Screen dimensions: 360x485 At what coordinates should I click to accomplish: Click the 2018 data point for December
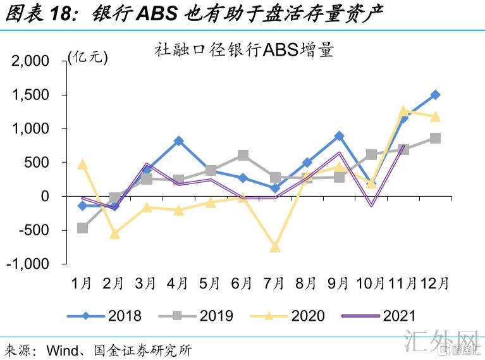435,95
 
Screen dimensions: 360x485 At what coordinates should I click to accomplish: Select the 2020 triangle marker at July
275,247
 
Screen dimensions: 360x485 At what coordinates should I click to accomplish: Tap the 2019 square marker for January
82,228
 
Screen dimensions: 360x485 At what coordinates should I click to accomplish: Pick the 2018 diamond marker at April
179,140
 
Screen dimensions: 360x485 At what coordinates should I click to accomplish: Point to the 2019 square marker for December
435,138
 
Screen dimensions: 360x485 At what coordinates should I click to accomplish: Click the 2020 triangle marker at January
82,164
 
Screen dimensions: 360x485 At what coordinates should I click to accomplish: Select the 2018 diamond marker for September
340,136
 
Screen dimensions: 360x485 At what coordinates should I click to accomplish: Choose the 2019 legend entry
199,315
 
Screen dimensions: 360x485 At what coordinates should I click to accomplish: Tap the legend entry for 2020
291,315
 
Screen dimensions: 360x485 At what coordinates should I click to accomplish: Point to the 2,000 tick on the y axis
31,61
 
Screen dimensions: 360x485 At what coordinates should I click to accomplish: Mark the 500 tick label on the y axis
37,163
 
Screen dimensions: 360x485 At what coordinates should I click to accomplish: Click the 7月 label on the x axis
275,283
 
